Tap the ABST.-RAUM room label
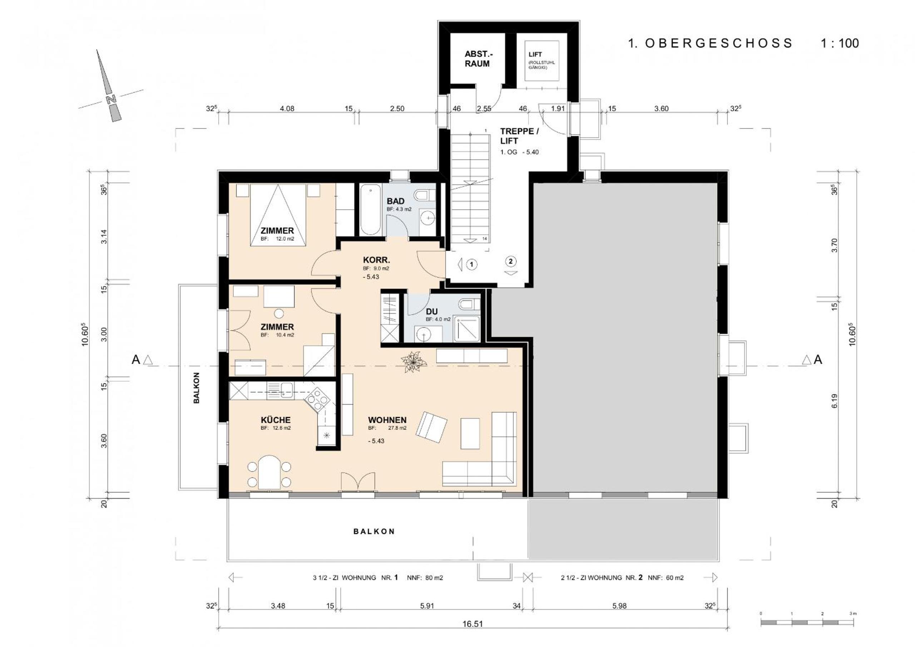click(x=477, y=59)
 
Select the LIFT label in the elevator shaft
click(x=535, y=54)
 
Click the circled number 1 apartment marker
click(x=472, y=264)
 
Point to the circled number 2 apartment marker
click(x=510, y=261)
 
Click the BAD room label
click(x=395, y=201)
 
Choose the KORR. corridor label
click(x=376, y=260)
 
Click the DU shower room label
click(x=432, y=312)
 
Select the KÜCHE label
click(x=276, y=420)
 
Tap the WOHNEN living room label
click(x=387, y=420)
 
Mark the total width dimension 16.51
click(x=473, y=624)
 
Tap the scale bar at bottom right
click(x=807, y=622)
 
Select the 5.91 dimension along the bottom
click(x=427, y=606)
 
